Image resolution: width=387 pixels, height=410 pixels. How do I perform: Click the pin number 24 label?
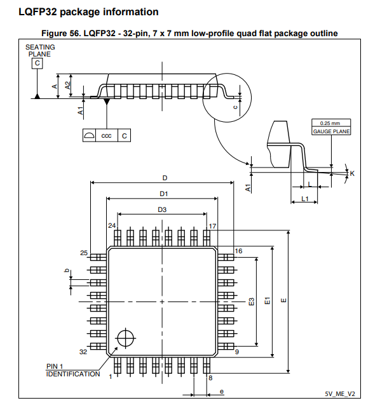pyautogui.click(x=111, y=226)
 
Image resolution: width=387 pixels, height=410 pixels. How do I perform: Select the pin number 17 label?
pyautogui.click(x=213, y=226)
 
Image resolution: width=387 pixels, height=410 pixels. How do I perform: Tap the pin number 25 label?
pyautogui.click(x=84, y=253)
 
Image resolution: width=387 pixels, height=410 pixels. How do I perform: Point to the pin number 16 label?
pyautogui.click(x=239, y=251)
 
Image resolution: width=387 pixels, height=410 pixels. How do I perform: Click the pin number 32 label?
pyautogui.click(x=83, y=352)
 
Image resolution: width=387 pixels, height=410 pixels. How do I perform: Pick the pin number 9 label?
pyautogui.click(x=236, y=352)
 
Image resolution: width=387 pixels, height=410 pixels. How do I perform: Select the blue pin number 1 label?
pyautogui.click(x=110, y=376)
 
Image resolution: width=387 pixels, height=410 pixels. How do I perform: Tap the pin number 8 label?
pyautogui.click(x=210, y=378)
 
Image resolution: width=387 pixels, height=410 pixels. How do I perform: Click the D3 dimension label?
pyautogui.click(x=162, y=209)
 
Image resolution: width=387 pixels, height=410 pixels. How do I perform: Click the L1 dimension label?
pyautogui.click(x=304, y=199)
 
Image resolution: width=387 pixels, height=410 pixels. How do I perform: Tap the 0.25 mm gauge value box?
pyautogui.click(x=330, y=123)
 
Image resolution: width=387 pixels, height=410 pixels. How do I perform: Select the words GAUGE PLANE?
pyautogui.click(x=330, y=131)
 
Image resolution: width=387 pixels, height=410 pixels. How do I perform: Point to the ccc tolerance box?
pyautogui.click(x=106, y=135)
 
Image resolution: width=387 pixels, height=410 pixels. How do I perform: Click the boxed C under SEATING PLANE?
pyautogui.click(x=38, y=63)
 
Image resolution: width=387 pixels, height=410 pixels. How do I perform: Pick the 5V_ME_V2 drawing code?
pyautogui.click(x=339, y=393)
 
